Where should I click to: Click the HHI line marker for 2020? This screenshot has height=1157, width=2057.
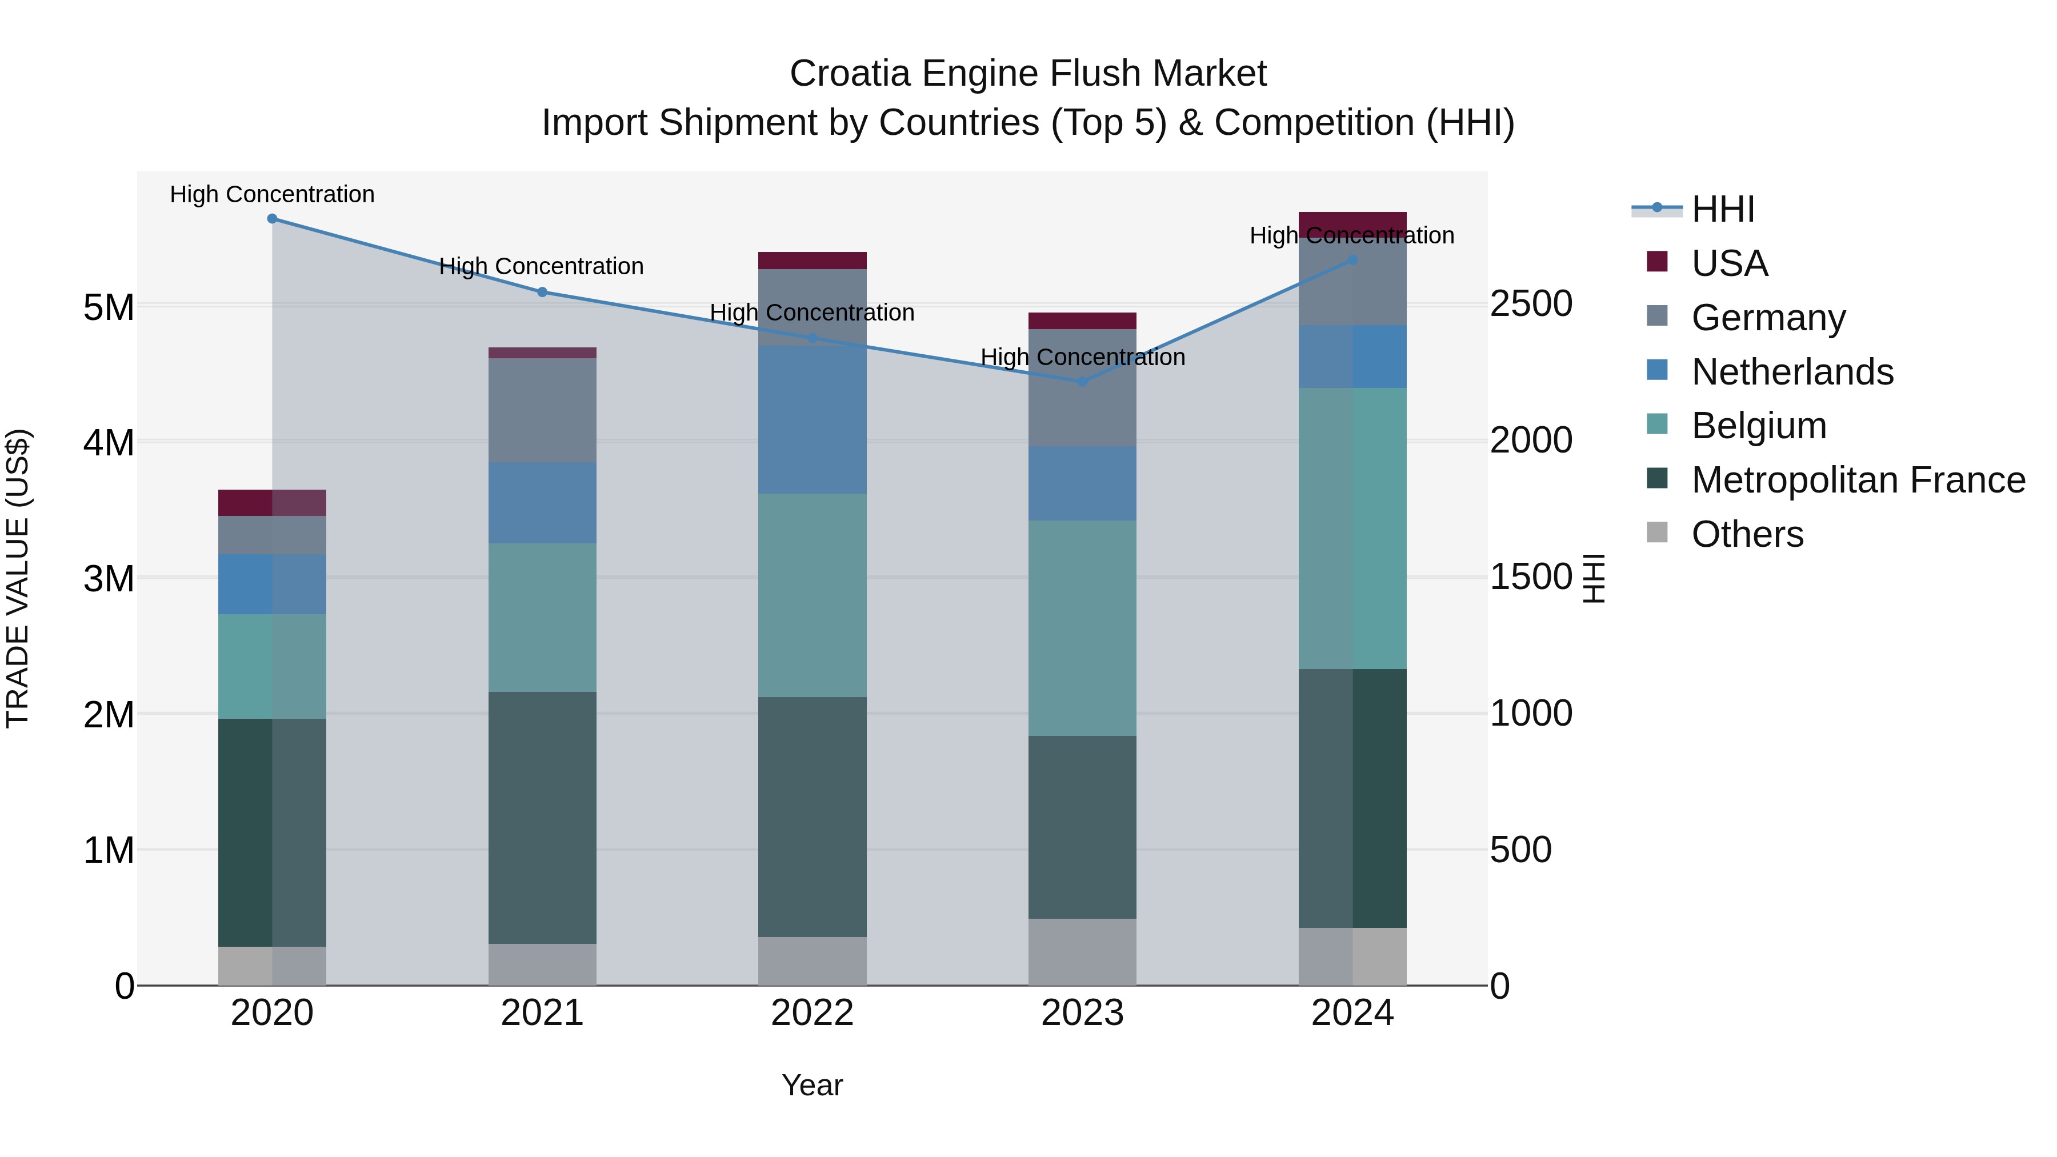(x=273, y=218)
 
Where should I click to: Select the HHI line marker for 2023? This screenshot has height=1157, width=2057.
(x=1083, y=382)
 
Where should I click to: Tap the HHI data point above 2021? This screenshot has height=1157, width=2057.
(x=542, y=292)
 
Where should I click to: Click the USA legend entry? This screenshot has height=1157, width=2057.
(x=1729, y=263)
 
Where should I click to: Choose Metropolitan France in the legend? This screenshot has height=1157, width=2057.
(x=1858, y=480)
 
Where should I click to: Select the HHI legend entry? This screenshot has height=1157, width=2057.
(x=1722, y=209)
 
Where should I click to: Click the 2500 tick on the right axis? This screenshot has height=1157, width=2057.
(x=1531, y=304)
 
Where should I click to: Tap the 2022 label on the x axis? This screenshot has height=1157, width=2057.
(x=812, y=1013)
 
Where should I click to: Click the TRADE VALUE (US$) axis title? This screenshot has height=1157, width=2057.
(x=18, y=578)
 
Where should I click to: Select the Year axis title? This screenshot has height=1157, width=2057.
(x=812, y=1085)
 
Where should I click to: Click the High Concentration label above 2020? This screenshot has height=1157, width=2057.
(x=273, y=194)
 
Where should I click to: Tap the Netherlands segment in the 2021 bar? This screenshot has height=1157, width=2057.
(x=542, y=503)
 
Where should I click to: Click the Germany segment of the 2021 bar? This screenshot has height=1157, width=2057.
(x=542, y=410)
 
